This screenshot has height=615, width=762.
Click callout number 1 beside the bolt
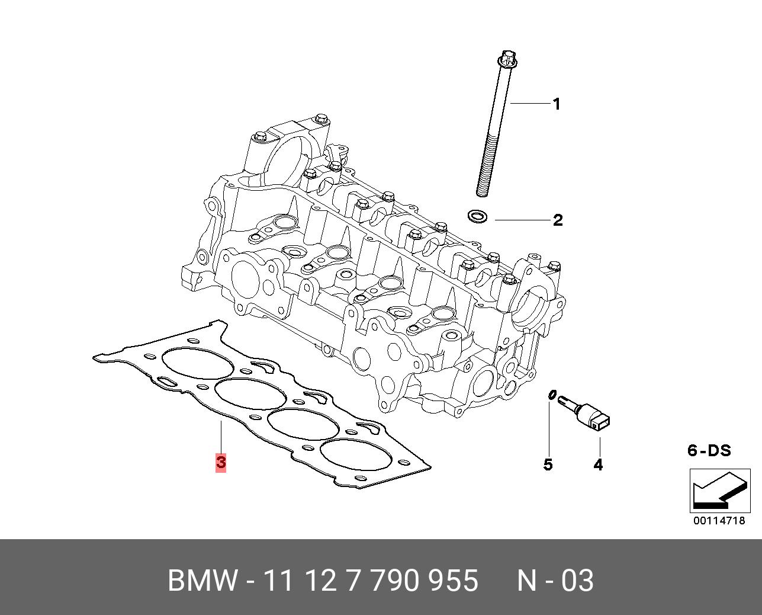557,104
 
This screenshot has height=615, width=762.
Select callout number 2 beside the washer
558,220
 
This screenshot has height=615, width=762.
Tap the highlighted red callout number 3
221,462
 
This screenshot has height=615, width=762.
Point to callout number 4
598,465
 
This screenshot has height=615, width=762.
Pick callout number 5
548,465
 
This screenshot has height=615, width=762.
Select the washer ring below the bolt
477,216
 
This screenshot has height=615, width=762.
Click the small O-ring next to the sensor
552,395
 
